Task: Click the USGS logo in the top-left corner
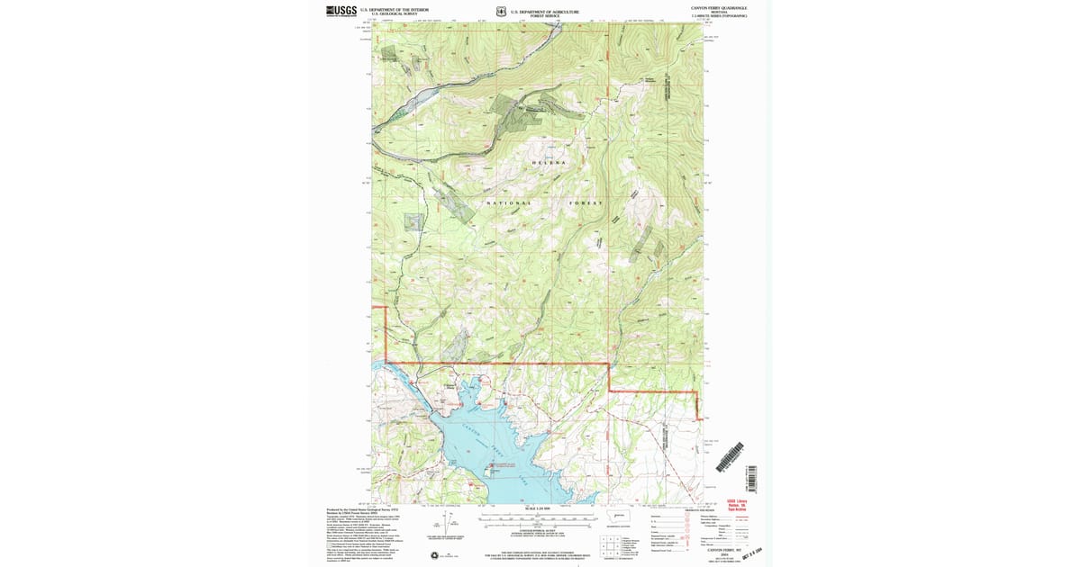tap(341, 11)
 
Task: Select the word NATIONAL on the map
tap(509, 203)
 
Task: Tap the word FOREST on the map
tap(585, 203)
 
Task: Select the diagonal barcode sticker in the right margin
tap(731, 457)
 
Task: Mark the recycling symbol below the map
tap(435, 554)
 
